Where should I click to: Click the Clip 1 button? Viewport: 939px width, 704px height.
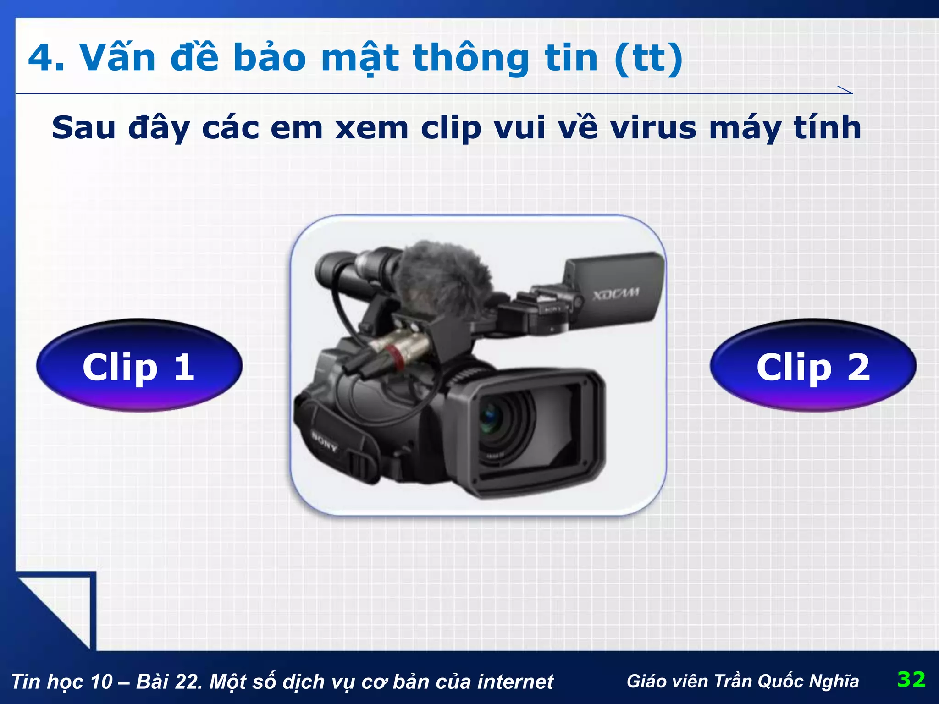(139, 366)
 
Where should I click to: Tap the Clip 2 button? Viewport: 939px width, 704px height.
(813, 366)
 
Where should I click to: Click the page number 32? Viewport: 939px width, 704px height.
(911, 679)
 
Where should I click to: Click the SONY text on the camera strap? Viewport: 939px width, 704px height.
(325, 441)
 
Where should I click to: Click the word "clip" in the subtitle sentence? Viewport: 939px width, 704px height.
(451, 128)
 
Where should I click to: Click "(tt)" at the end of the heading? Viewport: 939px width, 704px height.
(648, 58)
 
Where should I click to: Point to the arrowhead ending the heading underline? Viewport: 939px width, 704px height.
(846, 90)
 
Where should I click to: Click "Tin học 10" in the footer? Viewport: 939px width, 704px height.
(61, 682)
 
